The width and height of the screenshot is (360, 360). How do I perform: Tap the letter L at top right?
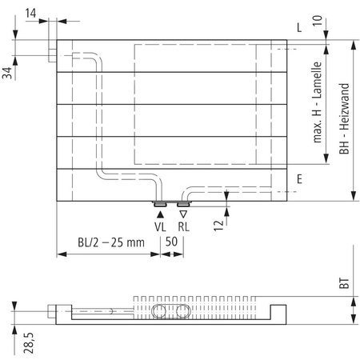[x=298, y=27]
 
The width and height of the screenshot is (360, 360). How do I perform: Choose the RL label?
[x=184, y=226]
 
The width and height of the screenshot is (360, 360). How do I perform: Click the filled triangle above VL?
[x=160, y=213]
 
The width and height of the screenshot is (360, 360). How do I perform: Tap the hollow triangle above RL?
[x=183, y=213]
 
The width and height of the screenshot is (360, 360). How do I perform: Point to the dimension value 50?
[x=171, y=241]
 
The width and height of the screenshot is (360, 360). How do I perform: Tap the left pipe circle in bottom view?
[x=158, y=310]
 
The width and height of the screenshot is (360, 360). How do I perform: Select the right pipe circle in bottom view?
[x=183, y=310]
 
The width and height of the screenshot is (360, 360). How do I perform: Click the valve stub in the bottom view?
[x=52, y=310]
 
